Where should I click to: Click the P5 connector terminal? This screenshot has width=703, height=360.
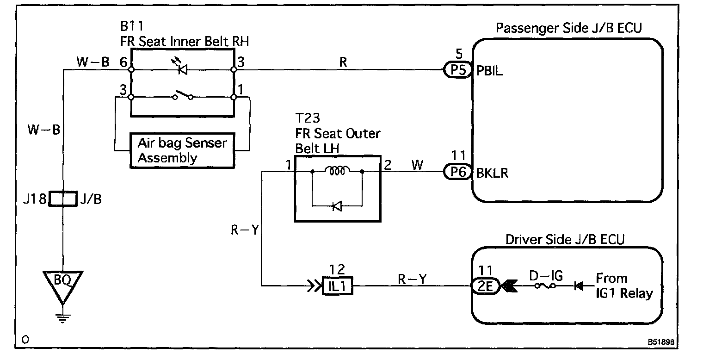point(458,70)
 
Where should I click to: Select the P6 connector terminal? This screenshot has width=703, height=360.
point(458,172)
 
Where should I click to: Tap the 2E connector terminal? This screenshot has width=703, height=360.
point(486,286)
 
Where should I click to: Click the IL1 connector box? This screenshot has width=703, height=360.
point(338,286)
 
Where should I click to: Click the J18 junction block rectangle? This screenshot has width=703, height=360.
point(63,199)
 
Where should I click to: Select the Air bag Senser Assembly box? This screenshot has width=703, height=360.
point(182,151)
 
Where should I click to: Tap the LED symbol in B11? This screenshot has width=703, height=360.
point(181,66)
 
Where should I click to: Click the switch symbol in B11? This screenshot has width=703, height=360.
point(183,95)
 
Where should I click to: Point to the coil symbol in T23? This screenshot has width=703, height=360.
point(337,170)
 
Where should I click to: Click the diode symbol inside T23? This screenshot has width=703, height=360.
point(337,206)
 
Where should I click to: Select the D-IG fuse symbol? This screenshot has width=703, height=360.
point(545,286)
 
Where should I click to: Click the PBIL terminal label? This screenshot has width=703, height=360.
point(490,71)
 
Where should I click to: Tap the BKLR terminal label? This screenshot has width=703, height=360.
point(492,173)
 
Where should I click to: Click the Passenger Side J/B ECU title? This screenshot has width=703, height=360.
point(569,28)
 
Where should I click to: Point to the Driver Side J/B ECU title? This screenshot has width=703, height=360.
point(565,240)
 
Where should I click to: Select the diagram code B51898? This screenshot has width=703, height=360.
point(661,342)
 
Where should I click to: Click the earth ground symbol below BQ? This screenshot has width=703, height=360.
point(63,318)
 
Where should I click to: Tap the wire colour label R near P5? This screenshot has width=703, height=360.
point(343,62)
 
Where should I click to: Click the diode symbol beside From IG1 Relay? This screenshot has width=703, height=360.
point(579,286)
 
